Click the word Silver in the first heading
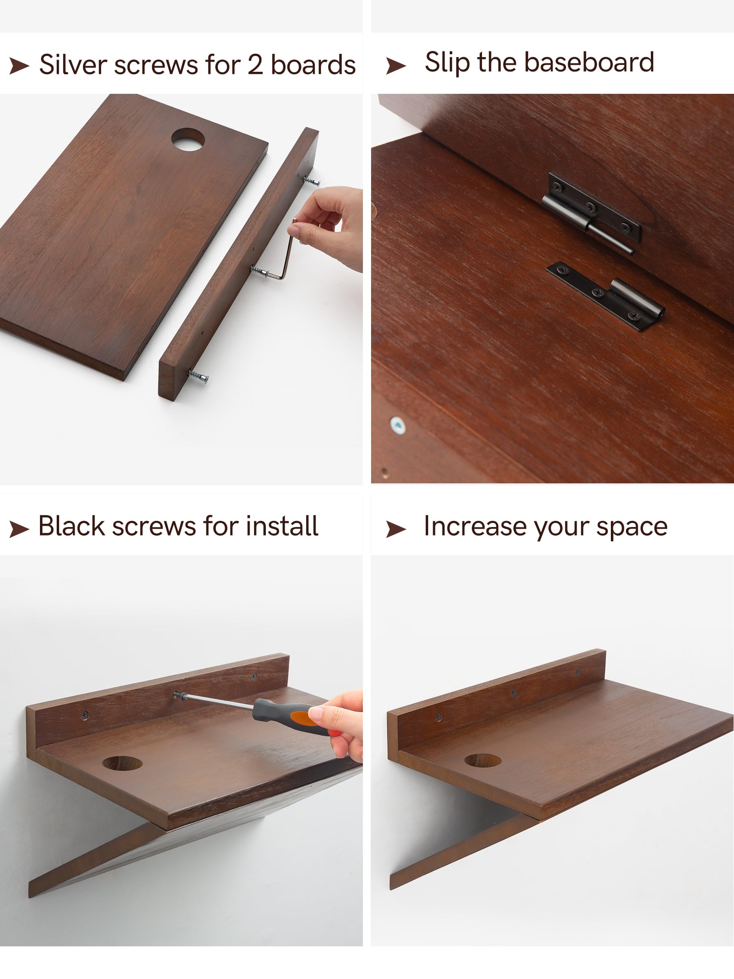click(73, 64)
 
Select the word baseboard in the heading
click(589, 62)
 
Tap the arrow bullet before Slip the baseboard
click(396, 66)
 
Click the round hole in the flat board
click(188, 140)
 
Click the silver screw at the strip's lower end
click(198, 377)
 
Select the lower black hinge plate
click(606, 295)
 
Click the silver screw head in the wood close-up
click(397, 425)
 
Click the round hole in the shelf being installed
click(122, 763)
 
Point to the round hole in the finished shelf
click(483, 760)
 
